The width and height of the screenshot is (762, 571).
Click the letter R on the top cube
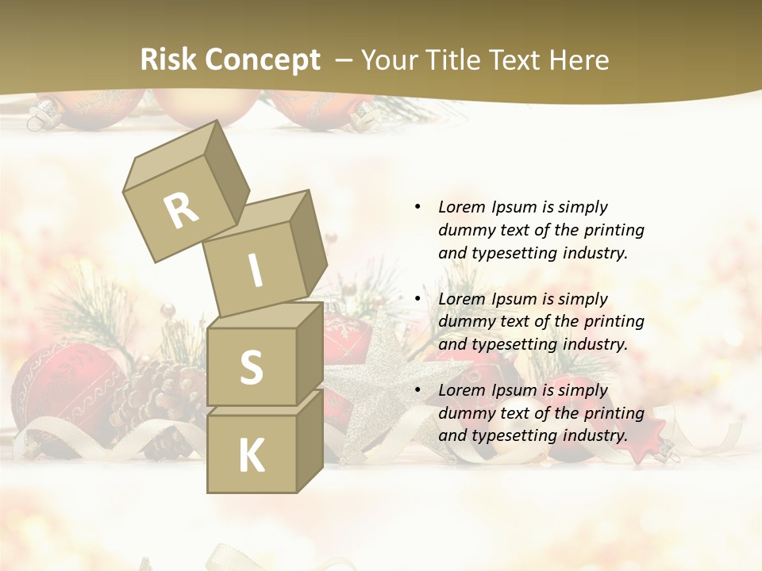pos(181,211)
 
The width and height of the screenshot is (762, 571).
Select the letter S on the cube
pos(251,367)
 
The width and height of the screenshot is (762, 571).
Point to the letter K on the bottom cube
pos(251,456)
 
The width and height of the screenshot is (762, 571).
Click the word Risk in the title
pos(167,60)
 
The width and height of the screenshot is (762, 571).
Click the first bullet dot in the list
pos(418,207)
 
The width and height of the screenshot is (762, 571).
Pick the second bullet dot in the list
pos(418,299)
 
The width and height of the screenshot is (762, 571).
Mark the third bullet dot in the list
pos(418,390)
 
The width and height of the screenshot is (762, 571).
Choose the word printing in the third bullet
pos(614,413)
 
